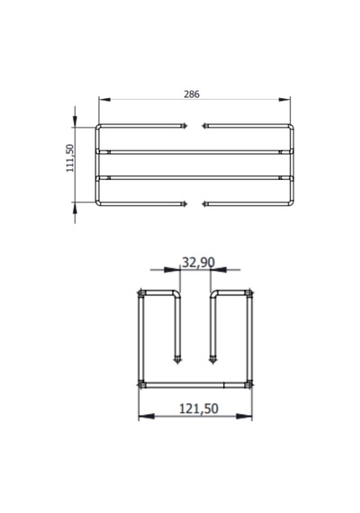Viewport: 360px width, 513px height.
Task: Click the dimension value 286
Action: [192, 94]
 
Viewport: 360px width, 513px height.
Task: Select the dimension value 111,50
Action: [70, 158]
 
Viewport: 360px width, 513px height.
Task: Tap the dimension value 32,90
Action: [198, 263]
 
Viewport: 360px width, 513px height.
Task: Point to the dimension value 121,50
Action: [199, 409]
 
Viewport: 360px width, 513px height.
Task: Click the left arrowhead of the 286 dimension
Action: [104, 99]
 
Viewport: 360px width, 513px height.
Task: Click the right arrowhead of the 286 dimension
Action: [284, 99]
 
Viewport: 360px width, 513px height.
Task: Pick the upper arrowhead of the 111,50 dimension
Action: [75, 121]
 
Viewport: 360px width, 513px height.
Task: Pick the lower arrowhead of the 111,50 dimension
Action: [75, 208]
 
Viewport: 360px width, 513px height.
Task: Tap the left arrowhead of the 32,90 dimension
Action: [172, 270]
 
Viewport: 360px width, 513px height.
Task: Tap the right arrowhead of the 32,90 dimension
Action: [219, 270]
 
